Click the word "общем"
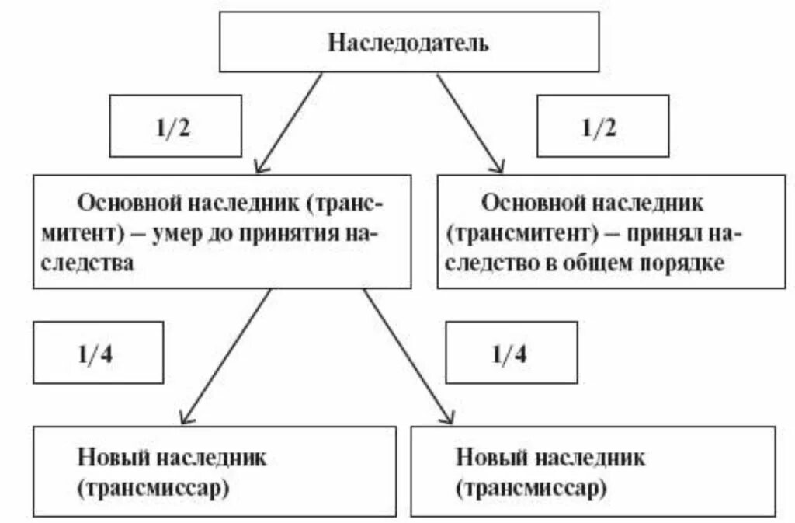[599, 263]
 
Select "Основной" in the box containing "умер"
[127, 204]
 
